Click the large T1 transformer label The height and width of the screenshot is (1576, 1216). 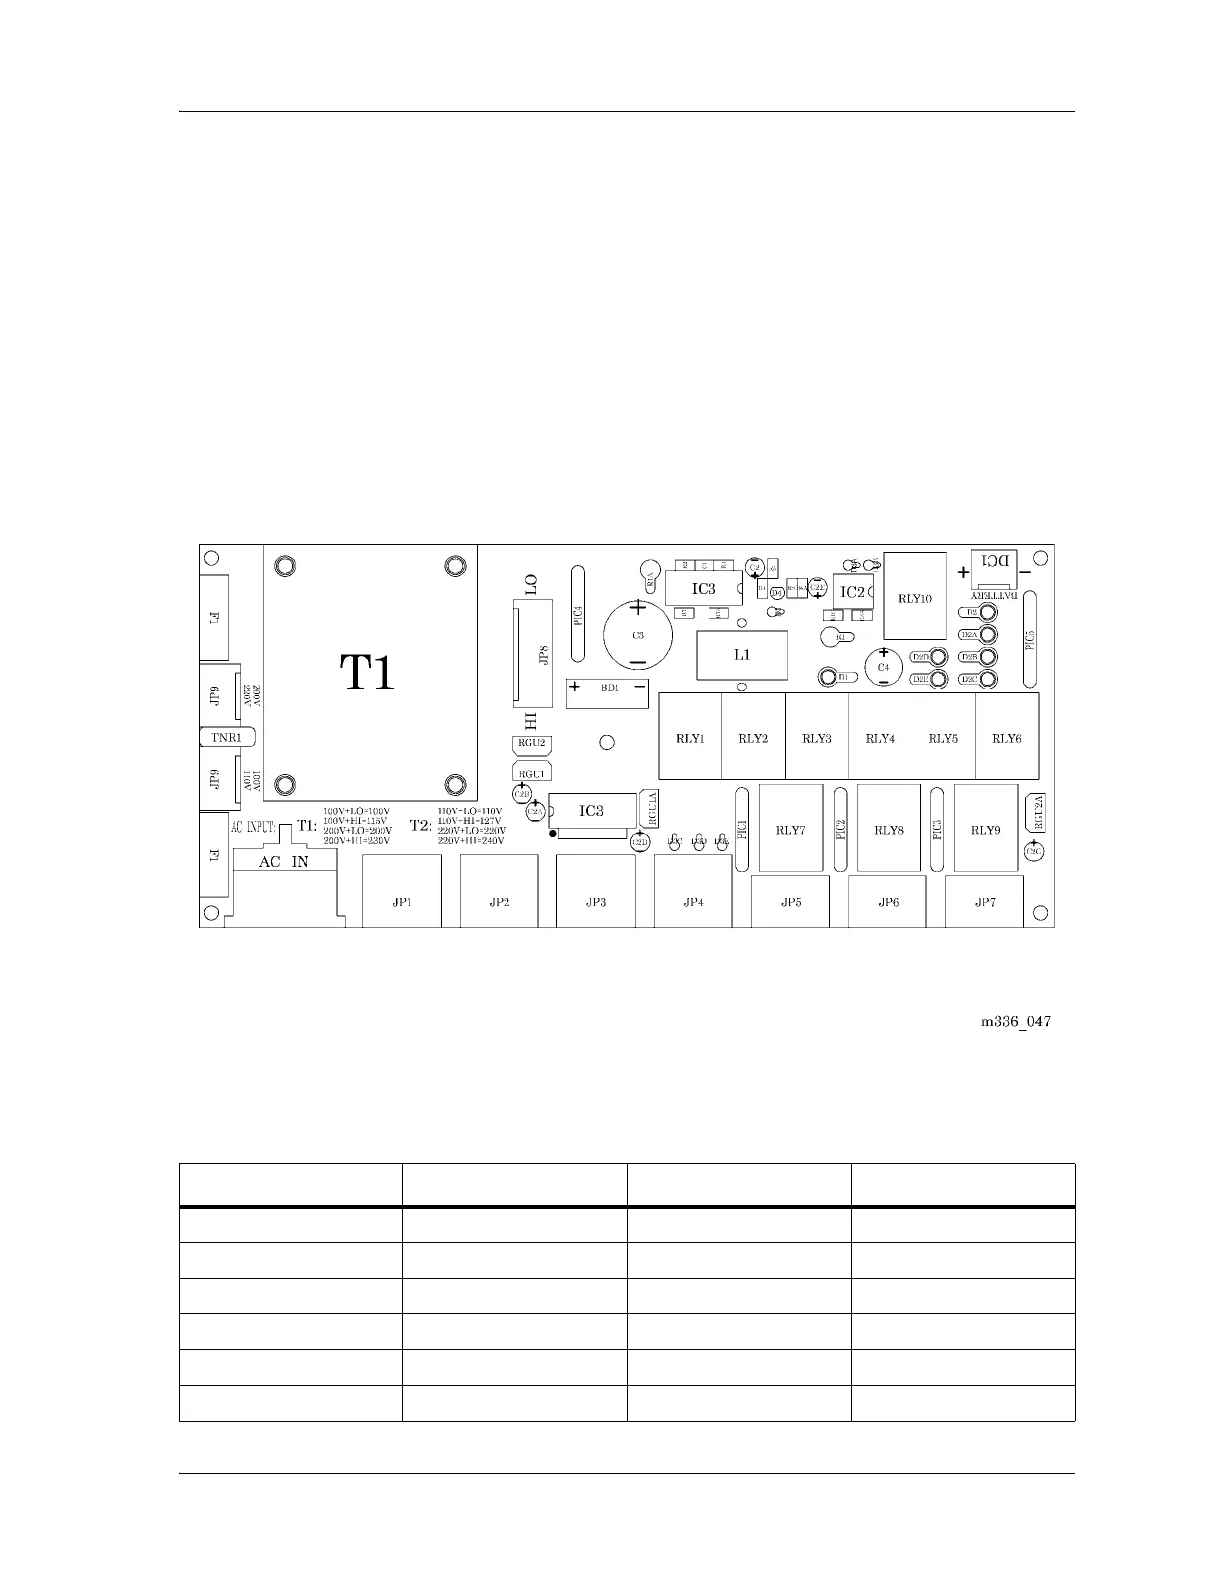[x=368, y=673]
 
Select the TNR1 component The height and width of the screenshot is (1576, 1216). [x=228, y=738]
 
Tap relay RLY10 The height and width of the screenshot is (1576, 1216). [x=914, y=597]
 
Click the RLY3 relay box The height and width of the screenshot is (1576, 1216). [x=817, y=738]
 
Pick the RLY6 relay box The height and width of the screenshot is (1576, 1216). [x=1007, y=738]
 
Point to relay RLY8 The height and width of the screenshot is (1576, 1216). [x=888, y=829]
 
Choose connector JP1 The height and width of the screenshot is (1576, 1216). [x=402, y=901]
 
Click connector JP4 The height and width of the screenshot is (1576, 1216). [x=694, y=901]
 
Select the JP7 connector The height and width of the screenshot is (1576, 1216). [x=984, y=901]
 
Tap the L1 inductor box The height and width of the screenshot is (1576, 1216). [x=742, y=655]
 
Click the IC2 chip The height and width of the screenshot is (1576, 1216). [x=853, y=592]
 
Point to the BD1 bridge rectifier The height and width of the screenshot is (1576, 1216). [x=607, y=688]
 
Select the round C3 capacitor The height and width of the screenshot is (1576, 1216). [x=638, y=634]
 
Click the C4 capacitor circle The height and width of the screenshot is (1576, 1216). [x=883, y=666]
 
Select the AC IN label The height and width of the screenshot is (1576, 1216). [x=284, y=862]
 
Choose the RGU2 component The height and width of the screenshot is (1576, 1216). [x=530, y=744]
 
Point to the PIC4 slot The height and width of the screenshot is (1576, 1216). [x=578, y=614]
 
